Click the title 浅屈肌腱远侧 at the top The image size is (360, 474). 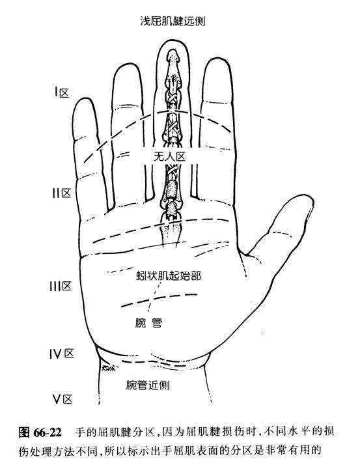coord(173,21)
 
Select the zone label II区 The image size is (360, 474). coord(62,193)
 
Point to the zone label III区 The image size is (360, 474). coord(61,286)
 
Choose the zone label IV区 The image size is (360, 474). coord(62,354)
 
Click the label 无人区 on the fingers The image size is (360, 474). coord(169,157)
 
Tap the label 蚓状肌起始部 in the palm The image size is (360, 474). coord(169,275)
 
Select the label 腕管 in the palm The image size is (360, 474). coord(148,323)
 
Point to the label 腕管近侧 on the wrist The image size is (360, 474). coord(148,385)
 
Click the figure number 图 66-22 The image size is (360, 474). coord(40,432)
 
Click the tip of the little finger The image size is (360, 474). coord(85,98)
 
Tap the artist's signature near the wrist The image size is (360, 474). coord(109,368)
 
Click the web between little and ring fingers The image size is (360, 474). coord(110,209)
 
